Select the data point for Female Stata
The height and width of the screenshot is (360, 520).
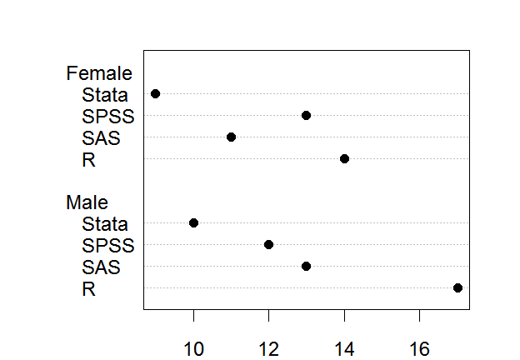point(155,94)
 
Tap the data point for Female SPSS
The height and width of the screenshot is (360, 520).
point(306,115)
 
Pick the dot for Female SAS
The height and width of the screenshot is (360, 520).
point(231,137)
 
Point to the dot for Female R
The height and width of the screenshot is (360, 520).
point(344,158)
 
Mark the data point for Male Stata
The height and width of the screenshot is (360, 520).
point(193,222)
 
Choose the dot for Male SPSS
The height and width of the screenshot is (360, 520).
point(268,244)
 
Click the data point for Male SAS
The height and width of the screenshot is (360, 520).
point(306,266)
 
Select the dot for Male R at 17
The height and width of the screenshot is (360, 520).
point(457,287)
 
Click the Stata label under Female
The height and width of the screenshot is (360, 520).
point(105,95)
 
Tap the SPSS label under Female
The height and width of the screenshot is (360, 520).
point(108,117)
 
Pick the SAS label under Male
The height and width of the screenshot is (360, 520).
point(101,267)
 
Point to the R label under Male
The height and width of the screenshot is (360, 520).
point(88,289)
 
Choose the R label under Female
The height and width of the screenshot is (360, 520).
point(88,160)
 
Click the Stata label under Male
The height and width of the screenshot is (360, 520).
point(105,224)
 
